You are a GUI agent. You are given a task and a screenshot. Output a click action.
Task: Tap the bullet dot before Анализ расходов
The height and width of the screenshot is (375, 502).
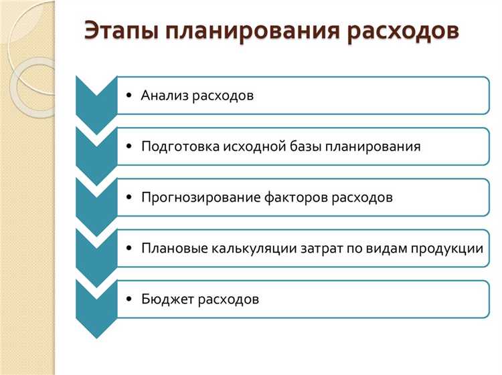point(129,96)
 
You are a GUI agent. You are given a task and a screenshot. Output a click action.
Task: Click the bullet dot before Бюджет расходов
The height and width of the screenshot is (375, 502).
point(129,299)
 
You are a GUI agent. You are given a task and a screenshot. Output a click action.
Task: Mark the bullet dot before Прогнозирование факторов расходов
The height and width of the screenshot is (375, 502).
point(129,198)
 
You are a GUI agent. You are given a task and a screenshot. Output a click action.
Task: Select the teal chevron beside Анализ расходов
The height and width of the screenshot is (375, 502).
point(96,100)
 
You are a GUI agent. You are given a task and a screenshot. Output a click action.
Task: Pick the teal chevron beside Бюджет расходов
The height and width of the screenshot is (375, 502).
point(96,304)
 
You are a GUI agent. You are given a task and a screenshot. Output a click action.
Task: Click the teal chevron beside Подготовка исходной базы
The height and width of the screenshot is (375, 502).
point(96,151)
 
